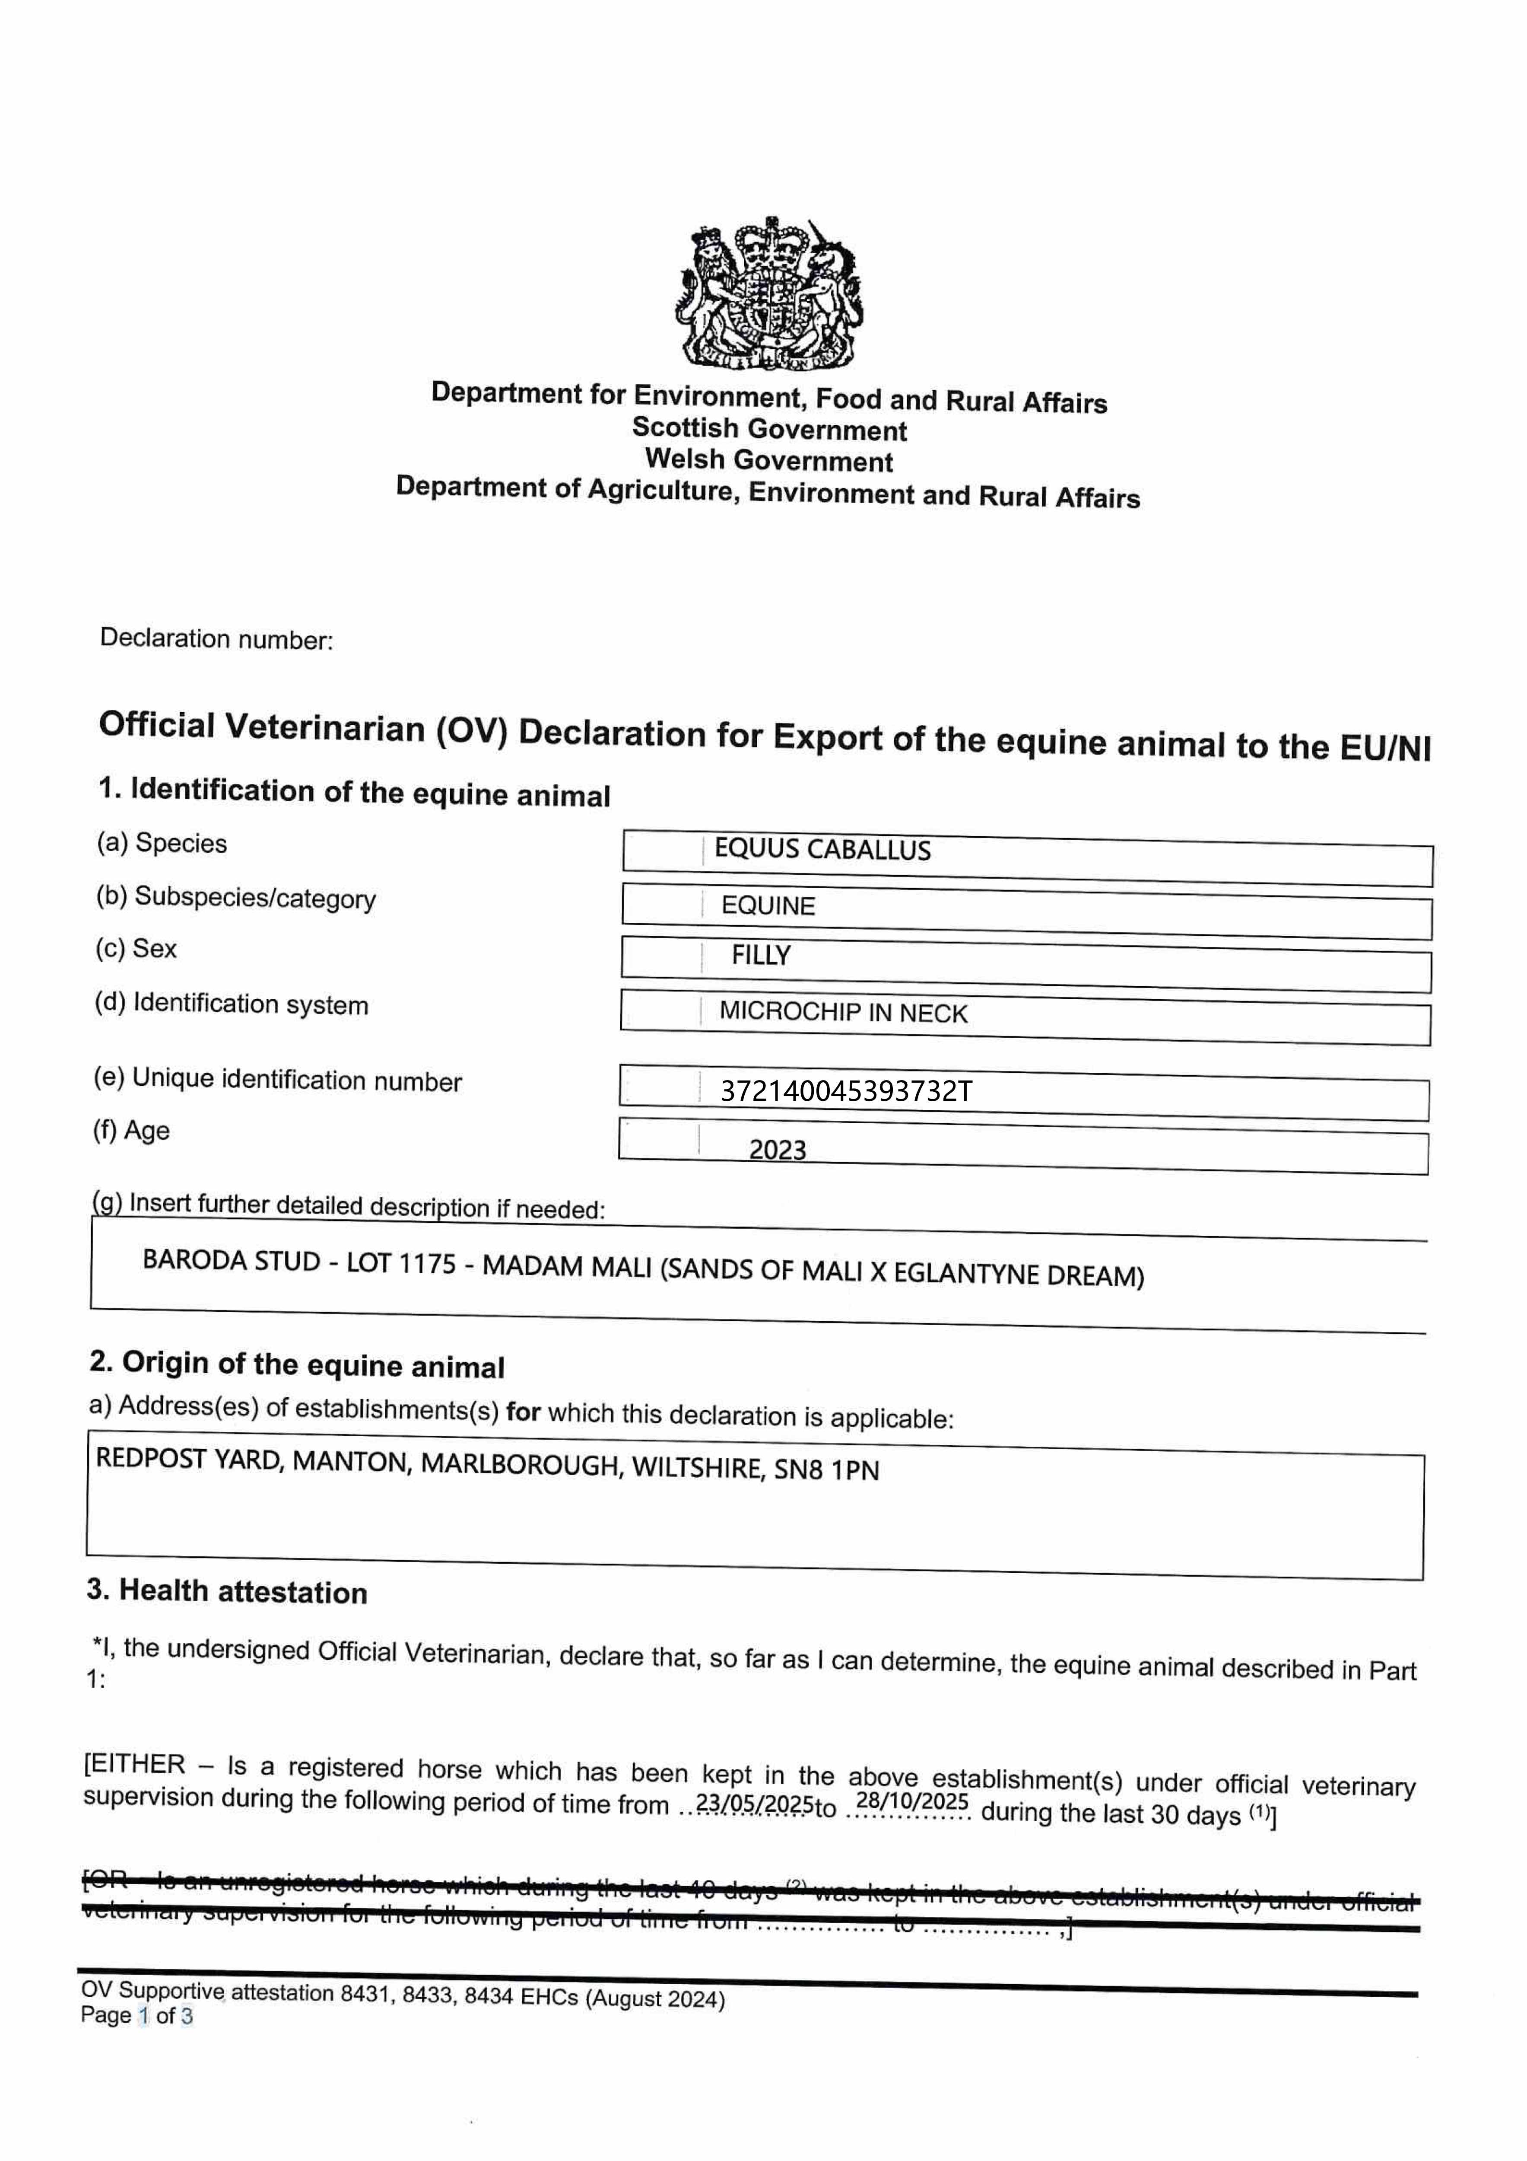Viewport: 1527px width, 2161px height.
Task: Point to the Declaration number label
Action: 216,639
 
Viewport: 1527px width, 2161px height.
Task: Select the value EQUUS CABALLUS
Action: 822,850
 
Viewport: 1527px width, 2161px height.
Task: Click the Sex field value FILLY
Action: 761,956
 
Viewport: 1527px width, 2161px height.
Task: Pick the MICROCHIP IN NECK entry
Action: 843,1013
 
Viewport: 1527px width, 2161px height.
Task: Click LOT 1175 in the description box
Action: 401,1263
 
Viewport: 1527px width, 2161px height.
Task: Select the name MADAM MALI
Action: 566,1267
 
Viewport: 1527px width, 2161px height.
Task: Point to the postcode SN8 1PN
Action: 826,1470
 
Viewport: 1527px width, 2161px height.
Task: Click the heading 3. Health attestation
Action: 227,1591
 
